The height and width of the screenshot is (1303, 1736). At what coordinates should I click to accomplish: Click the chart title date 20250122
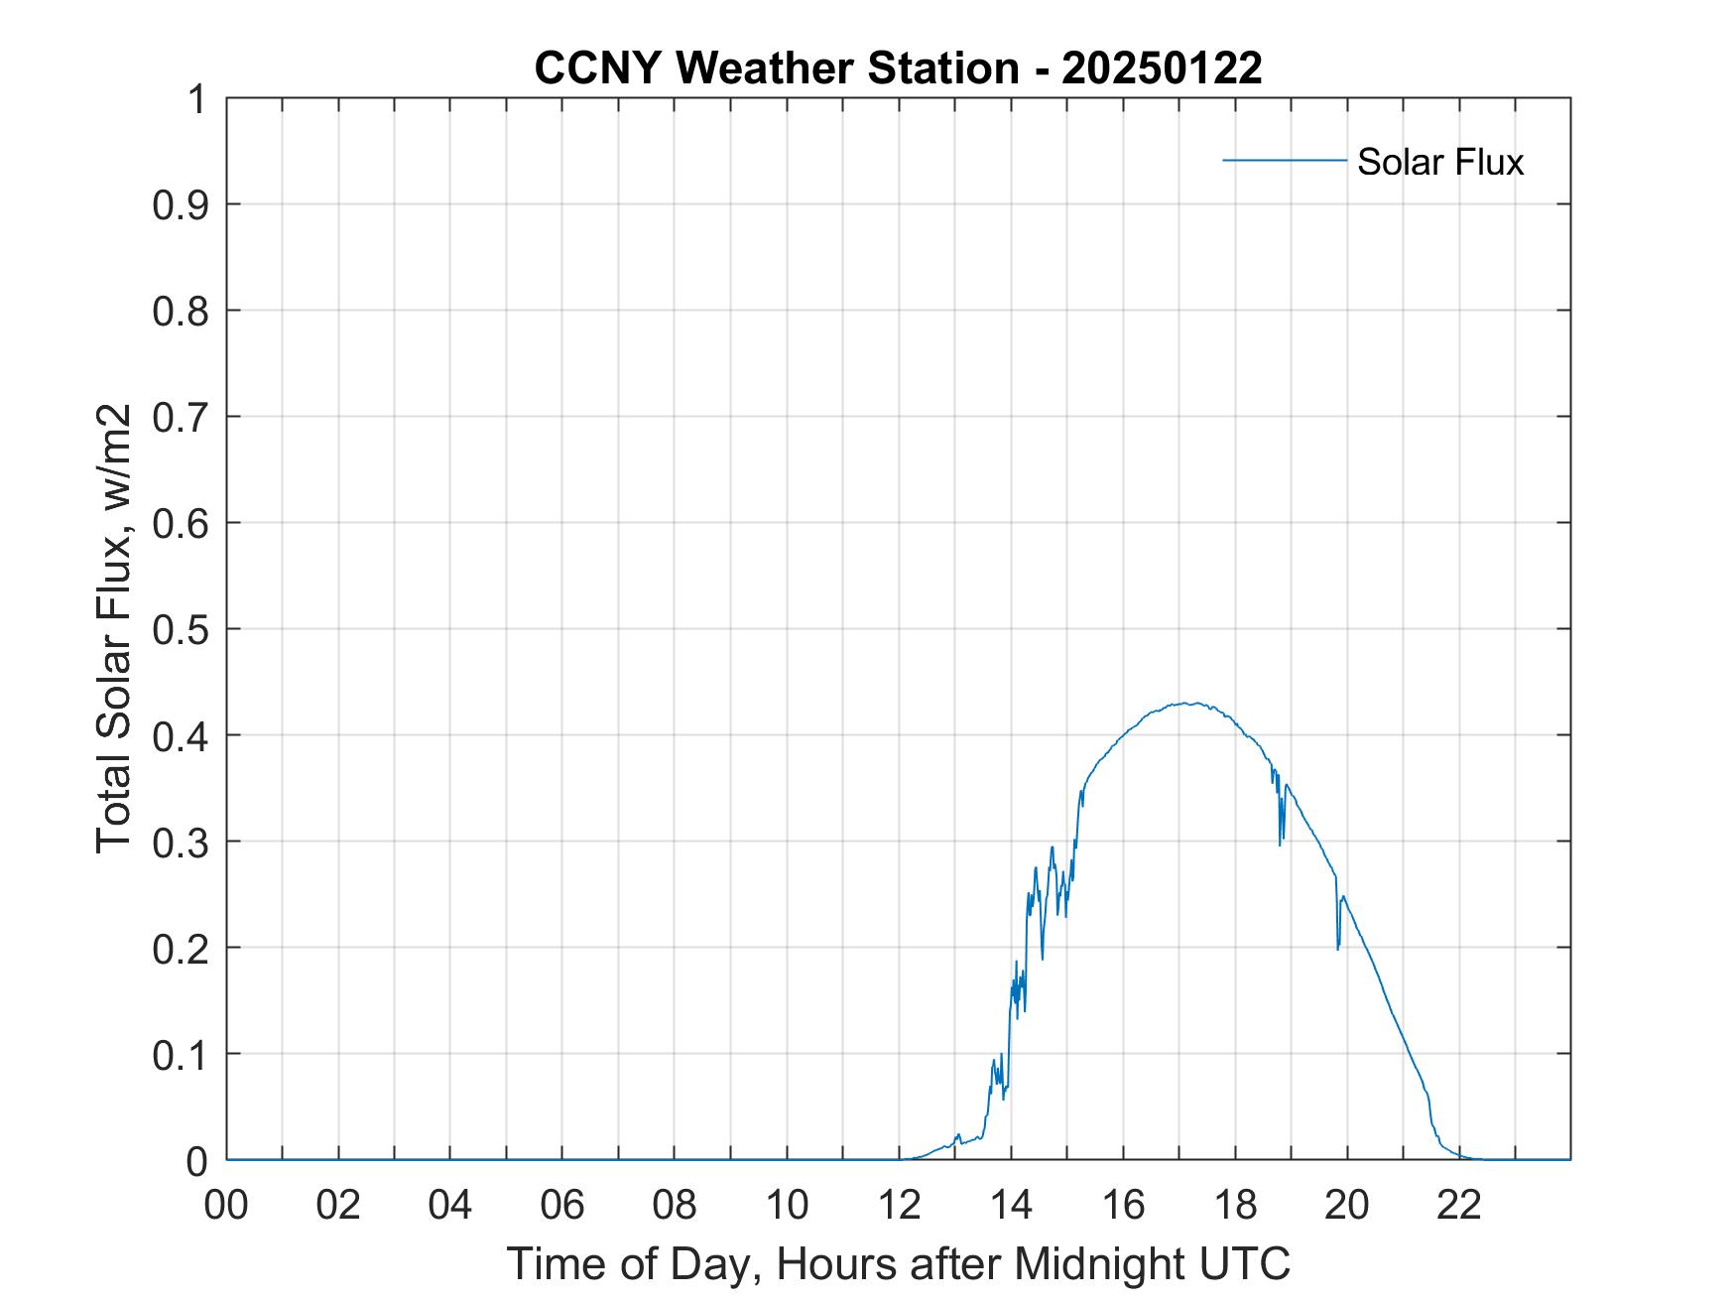(x=1162, y=68)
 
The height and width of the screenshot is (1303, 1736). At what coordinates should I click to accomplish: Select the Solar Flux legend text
(x=1439, y=162)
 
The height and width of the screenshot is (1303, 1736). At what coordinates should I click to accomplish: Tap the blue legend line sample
(x=1284, y=160)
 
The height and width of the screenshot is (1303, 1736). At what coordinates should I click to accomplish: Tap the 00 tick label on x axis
(x=226, y=1205)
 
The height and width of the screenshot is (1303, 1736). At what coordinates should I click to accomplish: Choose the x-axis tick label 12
(x=899, y=1205)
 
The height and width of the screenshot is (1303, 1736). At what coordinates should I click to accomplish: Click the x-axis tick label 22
(x=1459, y=1205)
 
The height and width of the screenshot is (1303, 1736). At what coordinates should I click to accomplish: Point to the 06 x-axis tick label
(x=562, y=1205)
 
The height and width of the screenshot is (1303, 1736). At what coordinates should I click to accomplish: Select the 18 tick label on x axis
(x=1235, y=1205)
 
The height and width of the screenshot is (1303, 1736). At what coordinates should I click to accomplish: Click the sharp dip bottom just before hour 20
(x=1337, y=950)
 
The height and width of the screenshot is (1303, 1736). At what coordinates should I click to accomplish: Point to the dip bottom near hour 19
(x=1281, y=845)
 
